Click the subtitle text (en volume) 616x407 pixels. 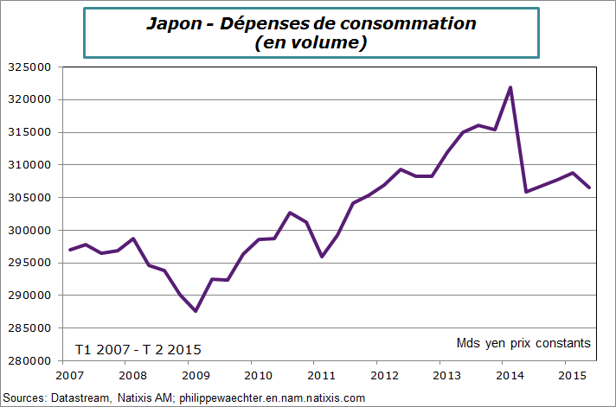point(311,42)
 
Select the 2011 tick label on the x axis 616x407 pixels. point(322,376)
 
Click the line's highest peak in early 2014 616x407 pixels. point(510,87)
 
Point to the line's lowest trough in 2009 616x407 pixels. point(196,311)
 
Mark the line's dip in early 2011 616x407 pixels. point(322,257)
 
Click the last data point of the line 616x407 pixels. point(589,188)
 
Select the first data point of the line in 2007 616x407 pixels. point(69,250)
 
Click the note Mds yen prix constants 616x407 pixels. point(523,343)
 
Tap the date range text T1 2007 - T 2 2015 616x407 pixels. point(138,349)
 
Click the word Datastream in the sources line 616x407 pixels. point(80,397)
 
